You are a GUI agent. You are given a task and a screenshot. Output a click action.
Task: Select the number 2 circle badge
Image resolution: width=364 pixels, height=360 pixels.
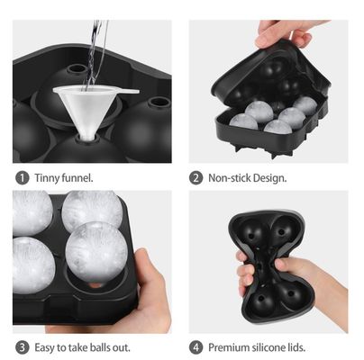pos(196,177)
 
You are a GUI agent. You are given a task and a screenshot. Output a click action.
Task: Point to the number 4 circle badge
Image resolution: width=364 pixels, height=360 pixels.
pos(196,346)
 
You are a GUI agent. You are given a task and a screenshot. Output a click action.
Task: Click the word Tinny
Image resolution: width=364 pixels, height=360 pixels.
pos(45,177)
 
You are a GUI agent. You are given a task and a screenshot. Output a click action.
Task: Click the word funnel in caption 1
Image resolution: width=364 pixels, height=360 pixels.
pos(79,177)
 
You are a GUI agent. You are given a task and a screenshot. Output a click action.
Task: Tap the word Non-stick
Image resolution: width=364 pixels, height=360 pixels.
pos(231,177)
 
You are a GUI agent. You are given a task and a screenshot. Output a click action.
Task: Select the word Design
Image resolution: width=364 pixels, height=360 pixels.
pos(272,177)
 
